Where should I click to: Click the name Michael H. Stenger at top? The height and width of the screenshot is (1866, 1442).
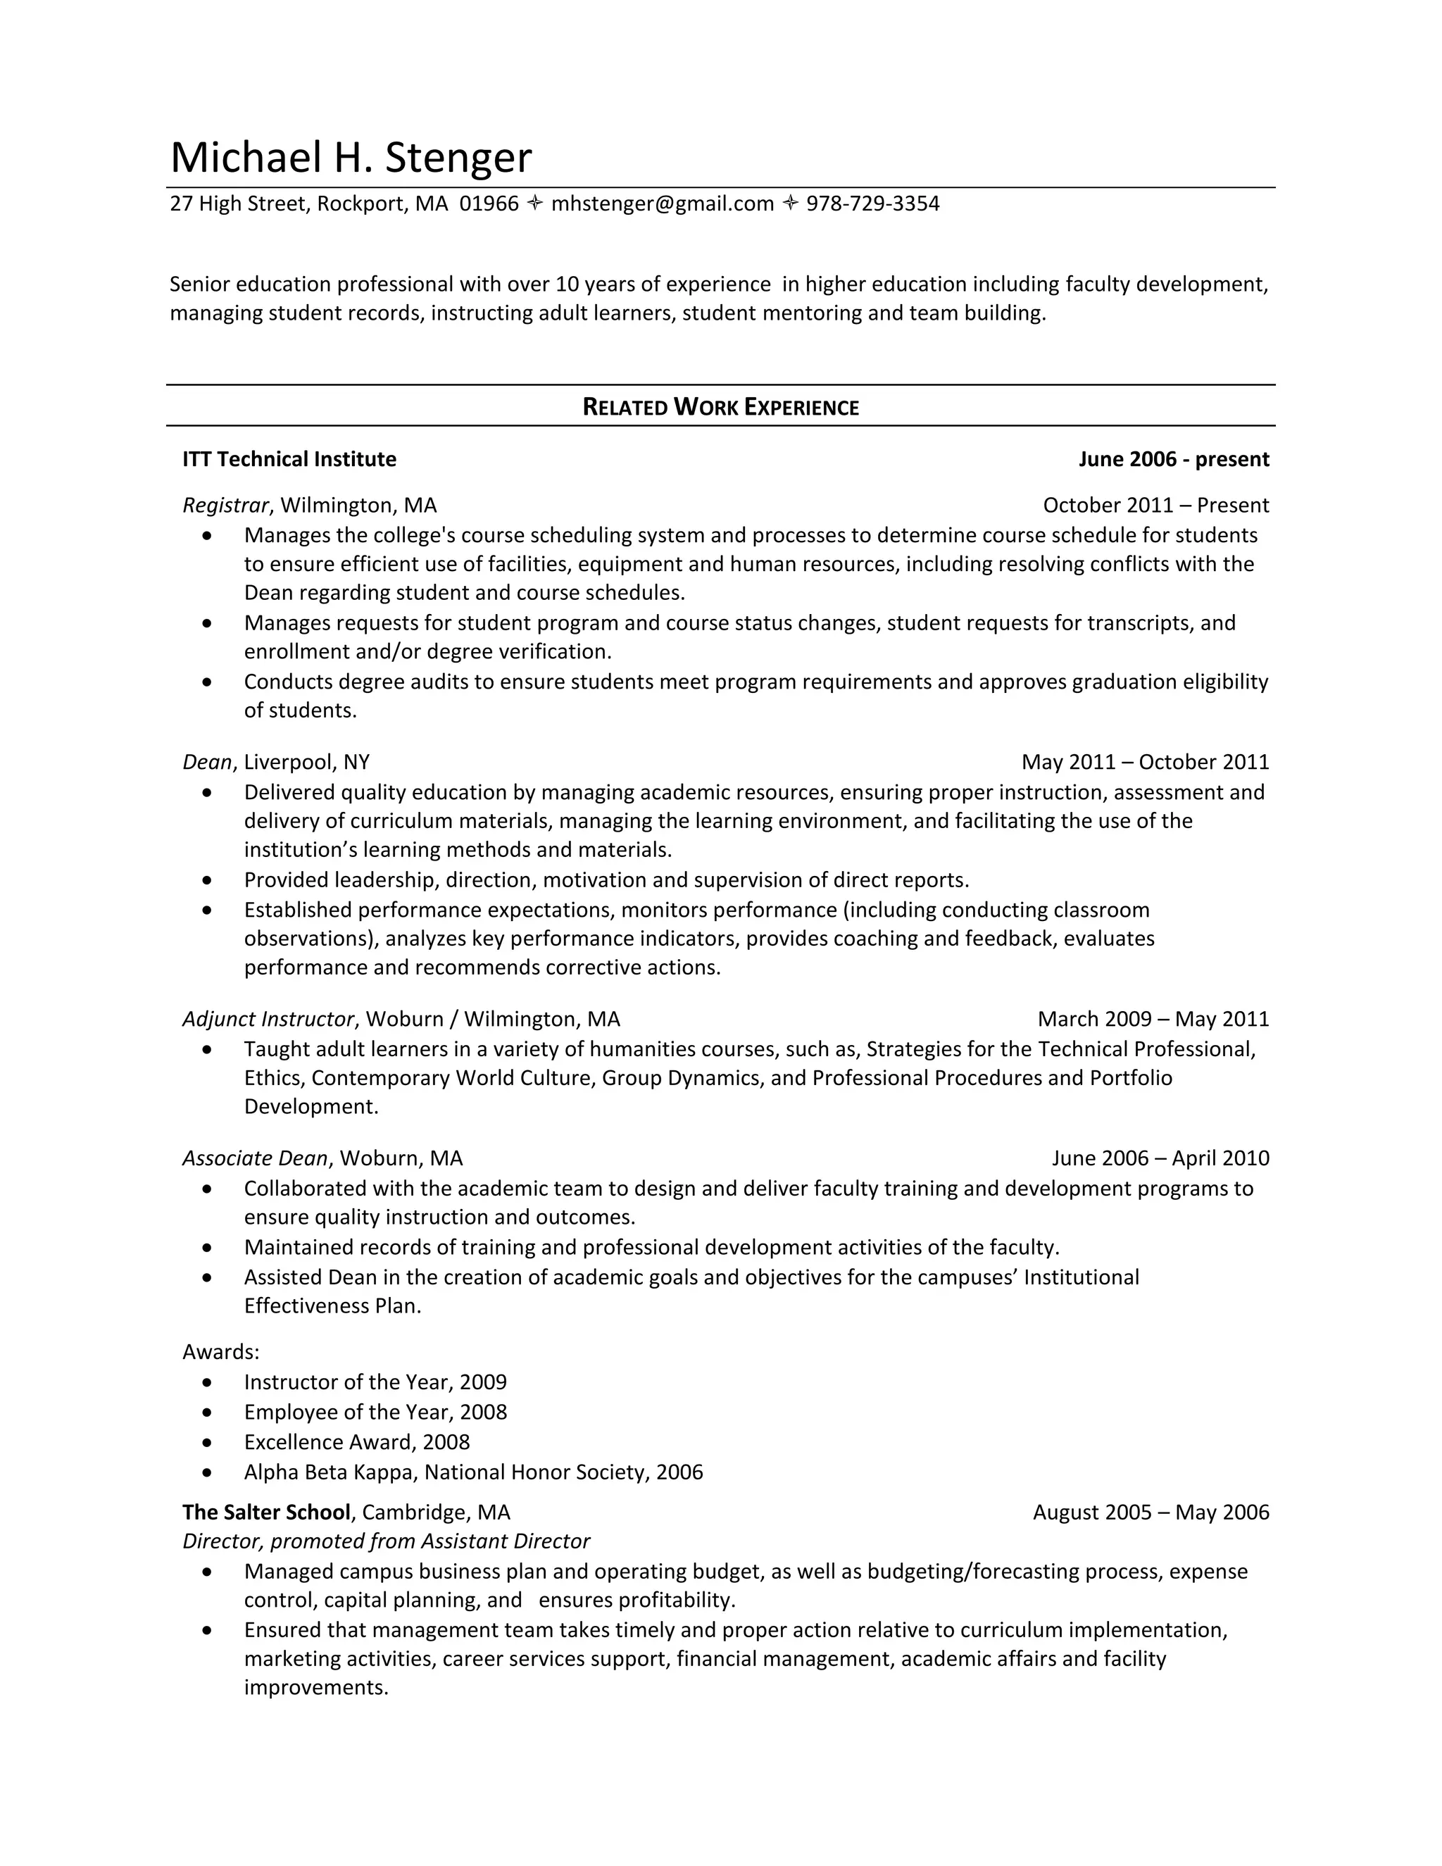[350, 157]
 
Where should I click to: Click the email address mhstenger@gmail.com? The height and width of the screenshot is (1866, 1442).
[662, 203]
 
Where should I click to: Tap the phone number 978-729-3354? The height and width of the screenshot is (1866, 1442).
[872, 203]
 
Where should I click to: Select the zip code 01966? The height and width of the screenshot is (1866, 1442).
[489, 203]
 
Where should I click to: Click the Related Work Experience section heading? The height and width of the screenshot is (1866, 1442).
[720, 407]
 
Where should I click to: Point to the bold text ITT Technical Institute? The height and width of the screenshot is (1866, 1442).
[289, 459]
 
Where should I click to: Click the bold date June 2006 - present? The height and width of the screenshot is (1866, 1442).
[1173, 459]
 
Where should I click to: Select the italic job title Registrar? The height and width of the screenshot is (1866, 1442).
[225, 505]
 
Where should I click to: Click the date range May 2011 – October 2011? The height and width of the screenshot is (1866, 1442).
[1145, 761]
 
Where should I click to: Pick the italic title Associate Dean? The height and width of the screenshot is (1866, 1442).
[255, 1158]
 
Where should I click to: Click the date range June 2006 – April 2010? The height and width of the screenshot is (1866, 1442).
[1160, 1158]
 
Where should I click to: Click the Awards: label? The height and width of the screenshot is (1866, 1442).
[220, 1352]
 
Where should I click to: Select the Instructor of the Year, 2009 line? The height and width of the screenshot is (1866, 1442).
[375, 1382]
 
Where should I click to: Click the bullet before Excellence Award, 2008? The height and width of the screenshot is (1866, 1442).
[207, 1442]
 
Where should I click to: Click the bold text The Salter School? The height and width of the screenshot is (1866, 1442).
[265, 1513]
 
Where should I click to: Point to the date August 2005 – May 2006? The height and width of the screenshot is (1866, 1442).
[1151, 1513]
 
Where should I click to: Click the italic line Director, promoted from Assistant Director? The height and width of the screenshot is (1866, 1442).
[386, 1541]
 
